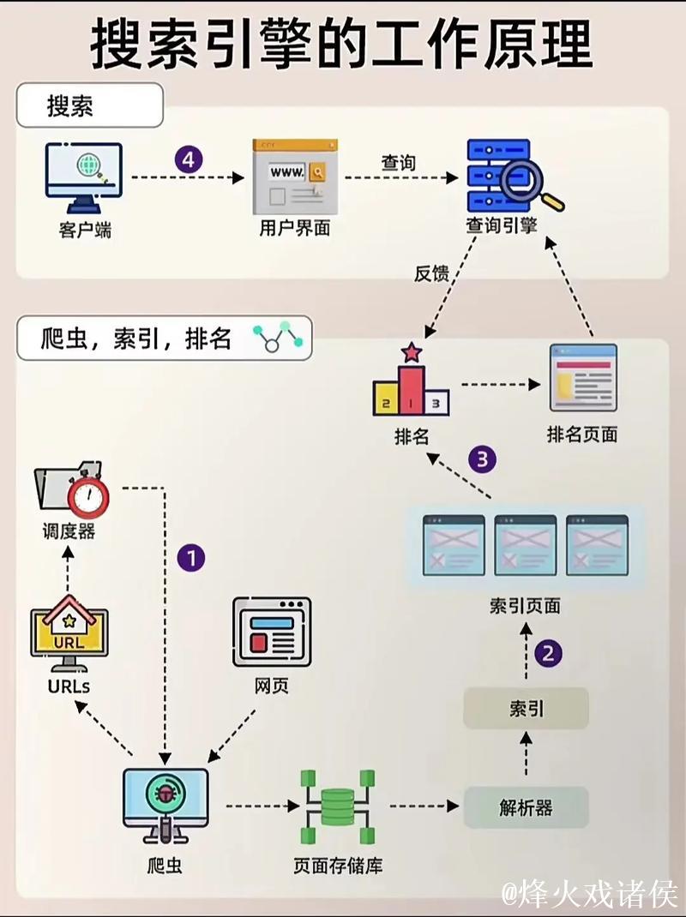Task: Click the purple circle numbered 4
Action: (x=189, y=159)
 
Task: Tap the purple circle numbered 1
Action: (x=190, y=559)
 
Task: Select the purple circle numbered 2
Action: (x=549, y=654)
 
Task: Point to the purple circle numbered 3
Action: (x=482, y=459)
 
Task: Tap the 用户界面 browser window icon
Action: (x=294, y=177)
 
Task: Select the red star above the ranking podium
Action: (x=412, y=352)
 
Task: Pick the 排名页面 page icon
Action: (x=582, y=378)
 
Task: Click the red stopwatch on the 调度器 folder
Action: (x=89, y=496)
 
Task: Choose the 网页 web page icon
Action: (x=272, y=632)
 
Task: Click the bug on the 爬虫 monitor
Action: (x=165, y=794)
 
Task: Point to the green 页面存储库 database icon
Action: (x=337, y=806)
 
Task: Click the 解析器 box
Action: (x=526, y=807)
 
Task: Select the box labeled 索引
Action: (x=526, y=708)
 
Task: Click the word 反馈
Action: (x=431, y=273)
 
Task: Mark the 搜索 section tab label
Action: (x=71, y=107)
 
